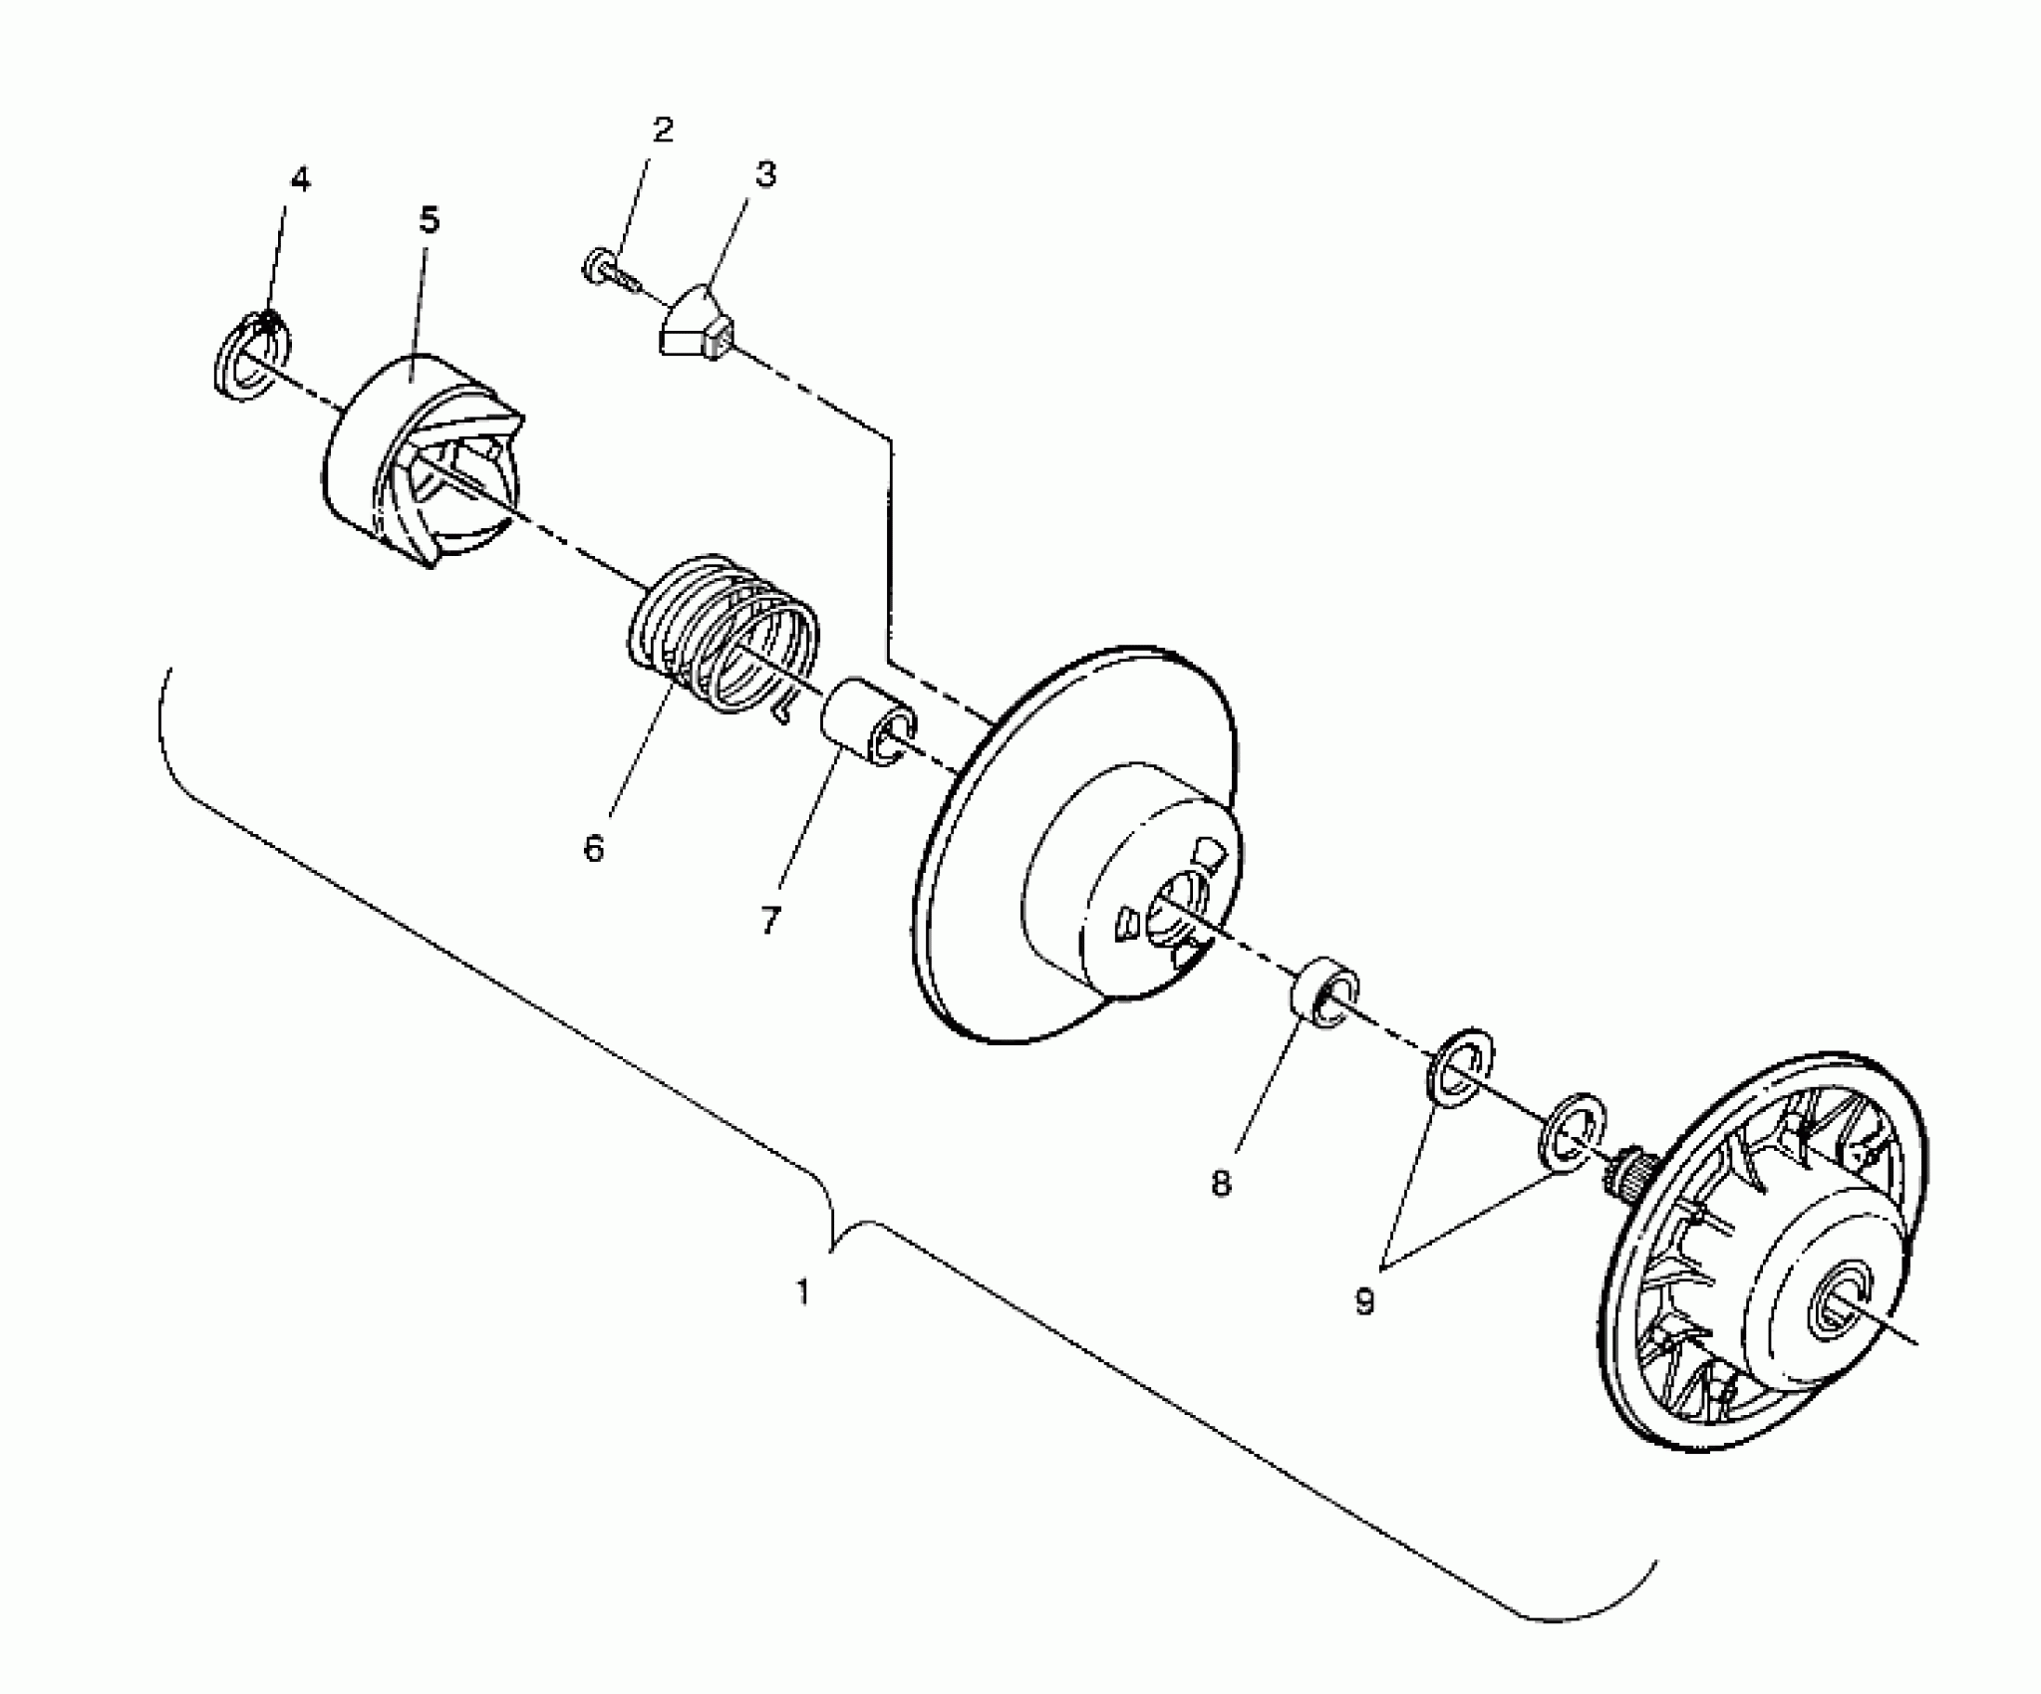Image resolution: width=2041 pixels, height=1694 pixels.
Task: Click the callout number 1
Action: click(803, 1292)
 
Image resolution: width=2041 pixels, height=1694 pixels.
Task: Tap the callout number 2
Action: click(663, 131)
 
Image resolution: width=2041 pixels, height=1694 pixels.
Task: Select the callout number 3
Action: click(764, 174)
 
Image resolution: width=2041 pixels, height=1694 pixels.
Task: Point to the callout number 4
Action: click(300, 180)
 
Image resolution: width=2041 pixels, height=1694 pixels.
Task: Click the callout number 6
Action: click(594, 848)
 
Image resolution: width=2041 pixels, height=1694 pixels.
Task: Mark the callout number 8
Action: click(1222, 1183)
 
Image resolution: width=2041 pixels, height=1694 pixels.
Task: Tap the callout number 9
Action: click(1365, 1299)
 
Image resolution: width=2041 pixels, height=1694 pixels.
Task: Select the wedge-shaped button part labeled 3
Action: click(698, 324)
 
